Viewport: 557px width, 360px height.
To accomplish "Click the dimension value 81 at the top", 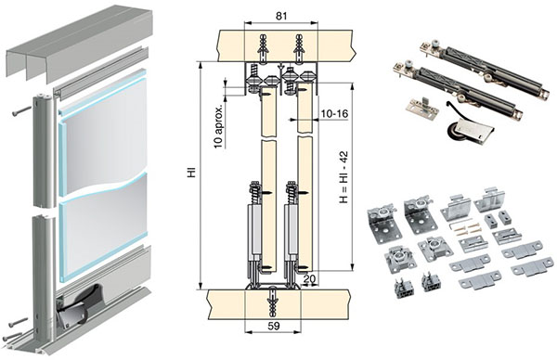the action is click(x=281, y=16).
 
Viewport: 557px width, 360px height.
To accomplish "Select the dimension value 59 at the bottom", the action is click(x=274, y=326).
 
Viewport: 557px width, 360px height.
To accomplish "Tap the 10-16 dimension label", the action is click(x=334, y=113).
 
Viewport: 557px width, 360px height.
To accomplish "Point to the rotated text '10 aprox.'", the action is click(x=219, y=125).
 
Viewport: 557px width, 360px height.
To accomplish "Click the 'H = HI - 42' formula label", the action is click(x=343, y=177).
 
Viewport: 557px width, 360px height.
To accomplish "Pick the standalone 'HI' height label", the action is click(x=192, y=174).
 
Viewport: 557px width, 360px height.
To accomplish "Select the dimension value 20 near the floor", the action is click(x=309, y=278).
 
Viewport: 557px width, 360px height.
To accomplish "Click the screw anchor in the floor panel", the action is click(x=272, y=302).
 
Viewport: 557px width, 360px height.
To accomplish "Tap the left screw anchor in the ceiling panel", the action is click(x=263, y=48).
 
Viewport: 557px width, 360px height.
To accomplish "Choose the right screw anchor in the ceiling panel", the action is click(x=298, y=48).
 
